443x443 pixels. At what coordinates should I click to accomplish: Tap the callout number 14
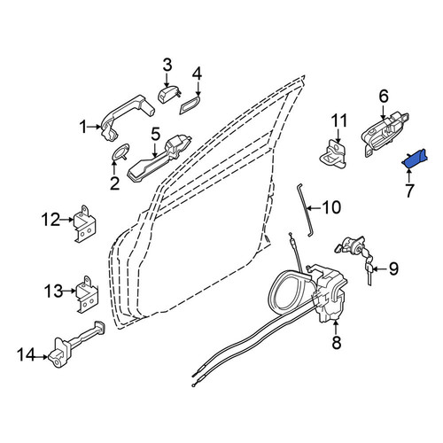(x=26, y=354)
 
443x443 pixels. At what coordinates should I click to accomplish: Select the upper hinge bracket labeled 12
(x=84, y=224)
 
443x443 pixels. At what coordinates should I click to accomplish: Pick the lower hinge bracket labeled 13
(x=87, y=294)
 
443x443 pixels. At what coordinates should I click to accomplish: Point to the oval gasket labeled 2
(x=120, y=152)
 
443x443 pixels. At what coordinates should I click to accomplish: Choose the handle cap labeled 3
(x=168, y=93)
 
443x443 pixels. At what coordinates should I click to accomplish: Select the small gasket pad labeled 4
(x=190, y=105)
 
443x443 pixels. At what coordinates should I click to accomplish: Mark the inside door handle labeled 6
(x=385, y=134)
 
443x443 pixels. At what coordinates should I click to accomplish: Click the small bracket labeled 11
(x=334, y=154)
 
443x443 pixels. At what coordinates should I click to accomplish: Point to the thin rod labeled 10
(x=304, y=210)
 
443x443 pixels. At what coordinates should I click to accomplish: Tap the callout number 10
(x=331, y=207)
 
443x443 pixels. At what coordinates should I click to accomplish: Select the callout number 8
(x=337, y=343)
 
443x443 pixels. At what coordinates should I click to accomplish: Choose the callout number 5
(x=156, y=134)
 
